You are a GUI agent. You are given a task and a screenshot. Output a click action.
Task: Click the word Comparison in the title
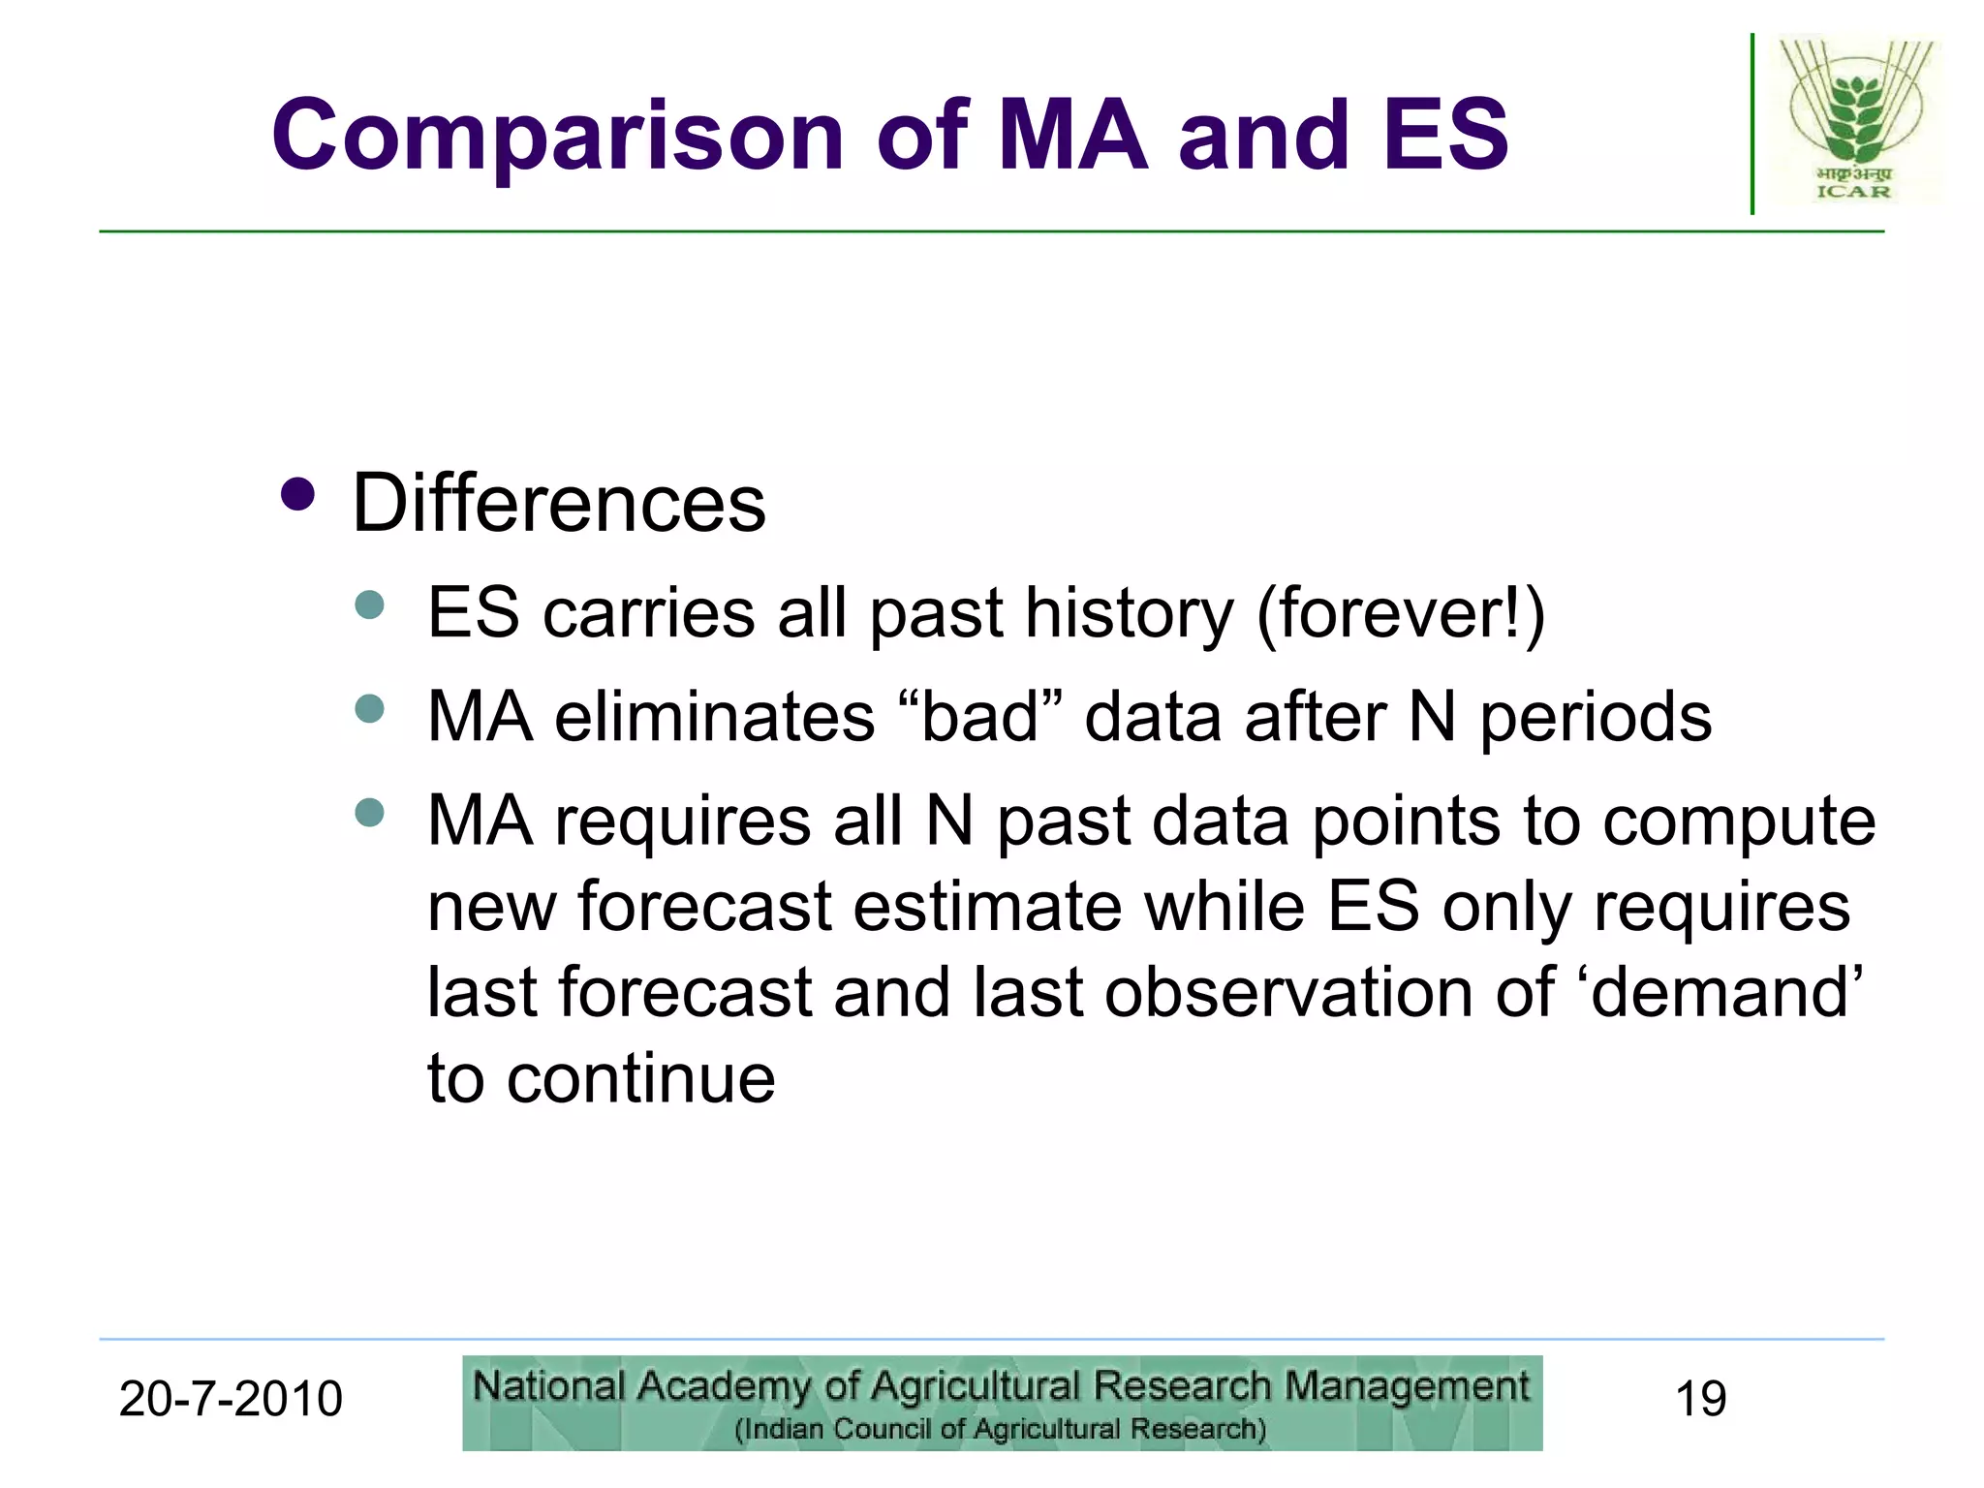click(x=557, y=136)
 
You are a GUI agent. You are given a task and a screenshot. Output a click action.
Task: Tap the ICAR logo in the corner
click(x=1852, y=121)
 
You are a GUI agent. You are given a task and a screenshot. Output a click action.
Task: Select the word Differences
click(x=558, y=504)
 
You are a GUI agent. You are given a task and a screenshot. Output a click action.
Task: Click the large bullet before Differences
click(x=297, y=494)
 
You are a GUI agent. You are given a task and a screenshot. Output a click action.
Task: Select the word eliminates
click(x=715, y=718)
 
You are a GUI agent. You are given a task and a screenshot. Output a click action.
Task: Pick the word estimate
click(x=988, y=908)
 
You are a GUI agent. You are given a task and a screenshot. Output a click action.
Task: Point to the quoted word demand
click(x=1725, y=993)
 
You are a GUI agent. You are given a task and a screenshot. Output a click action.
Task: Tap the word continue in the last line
click(x=640, y=1078)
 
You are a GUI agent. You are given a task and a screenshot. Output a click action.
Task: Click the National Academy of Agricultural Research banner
click(x=1002, y=1403)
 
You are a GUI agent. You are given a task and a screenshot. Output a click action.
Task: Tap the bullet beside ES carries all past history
click(x=369, y=605)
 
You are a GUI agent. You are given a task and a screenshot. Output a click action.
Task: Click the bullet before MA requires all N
click(x=369, y=812)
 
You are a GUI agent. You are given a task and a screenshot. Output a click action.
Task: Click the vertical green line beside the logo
click(x=1751, y=124)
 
